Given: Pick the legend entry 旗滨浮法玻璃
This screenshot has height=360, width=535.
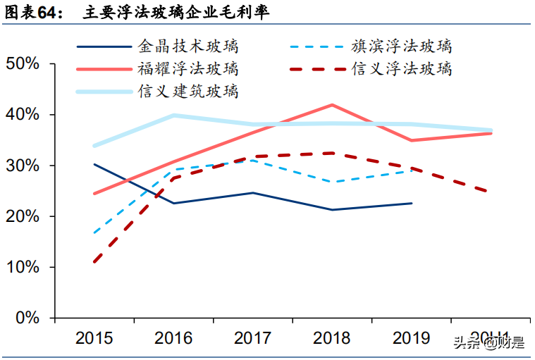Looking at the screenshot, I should (x=401, y=47).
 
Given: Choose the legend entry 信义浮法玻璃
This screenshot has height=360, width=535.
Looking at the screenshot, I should (x=401, y=69).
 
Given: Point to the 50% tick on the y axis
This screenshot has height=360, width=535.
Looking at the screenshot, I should (x=23, y=64).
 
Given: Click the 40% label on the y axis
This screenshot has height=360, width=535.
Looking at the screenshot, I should (x=23, y=115).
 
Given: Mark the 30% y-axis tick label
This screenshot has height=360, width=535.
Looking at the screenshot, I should (x=23, y=166).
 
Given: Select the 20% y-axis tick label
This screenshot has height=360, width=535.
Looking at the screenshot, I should (x=23, y=216).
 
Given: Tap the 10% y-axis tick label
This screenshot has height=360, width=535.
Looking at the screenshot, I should (x=23, y=267).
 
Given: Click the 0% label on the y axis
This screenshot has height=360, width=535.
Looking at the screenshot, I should (x=27, y=318).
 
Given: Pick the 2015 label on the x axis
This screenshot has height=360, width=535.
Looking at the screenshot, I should (x=94, y=338).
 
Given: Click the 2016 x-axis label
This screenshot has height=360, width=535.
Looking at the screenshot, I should (x=173, y=338).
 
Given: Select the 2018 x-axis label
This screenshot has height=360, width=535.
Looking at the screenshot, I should (x=332, y=338).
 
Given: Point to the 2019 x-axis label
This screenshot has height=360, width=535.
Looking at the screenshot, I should (x=412, y=338).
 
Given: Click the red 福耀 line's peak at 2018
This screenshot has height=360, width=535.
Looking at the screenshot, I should (x=332, y=105).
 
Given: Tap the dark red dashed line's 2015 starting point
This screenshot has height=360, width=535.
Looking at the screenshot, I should (x=94, y=262).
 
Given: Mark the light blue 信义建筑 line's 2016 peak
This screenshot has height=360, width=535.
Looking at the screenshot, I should (x=173, y=116).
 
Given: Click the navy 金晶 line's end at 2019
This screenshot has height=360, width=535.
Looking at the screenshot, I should (x=412, y=203).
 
